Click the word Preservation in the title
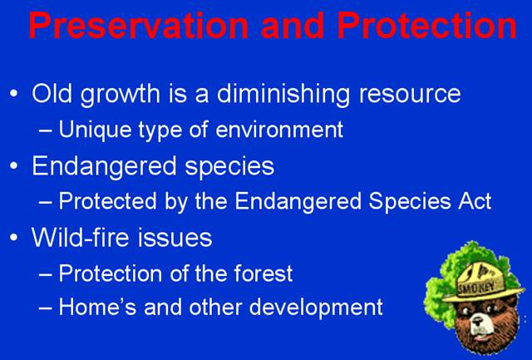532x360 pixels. (139, 26)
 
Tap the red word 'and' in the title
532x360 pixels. (293, 26)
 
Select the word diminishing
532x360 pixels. (283, 95)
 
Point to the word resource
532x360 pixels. (410, 95)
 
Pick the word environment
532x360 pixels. (279, 131)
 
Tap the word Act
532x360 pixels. (475, 201)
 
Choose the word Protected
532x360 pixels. (107, 201)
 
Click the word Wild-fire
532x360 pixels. (81, 238)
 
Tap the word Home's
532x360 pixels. (97, 307)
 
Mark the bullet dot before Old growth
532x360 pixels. (14, 93)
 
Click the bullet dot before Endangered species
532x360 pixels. (14, 166)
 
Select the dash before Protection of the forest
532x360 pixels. (46, 274)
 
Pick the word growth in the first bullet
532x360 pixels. (120, 95)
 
